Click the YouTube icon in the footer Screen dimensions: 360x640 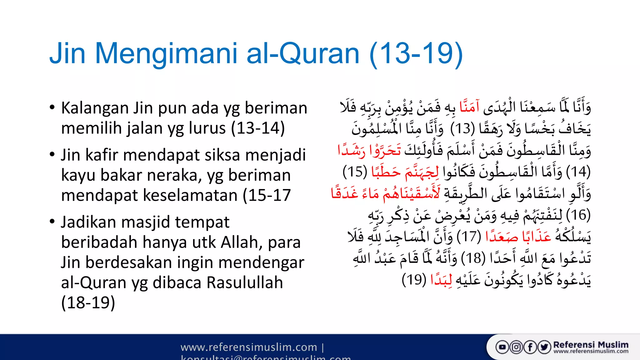tap(502, 347)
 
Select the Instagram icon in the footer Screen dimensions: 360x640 tap(516, 347)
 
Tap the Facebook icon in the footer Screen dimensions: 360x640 tap(530, 347)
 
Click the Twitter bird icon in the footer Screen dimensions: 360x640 tap(544, 347)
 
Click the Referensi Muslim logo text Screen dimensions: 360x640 tap(591, 345)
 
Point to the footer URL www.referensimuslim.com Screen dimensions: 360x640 tap(249, 347)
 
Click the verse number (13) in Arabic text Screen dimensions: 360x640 tap(462, 128)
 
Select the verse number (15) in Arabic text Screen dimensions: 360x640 tap(355, 172)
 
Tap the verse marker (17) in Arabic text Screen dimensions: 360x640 tap(469, 237)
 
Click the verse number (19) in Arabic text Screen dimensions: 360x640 tap(414, 280)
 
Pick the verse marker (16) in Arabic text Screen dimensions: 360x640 tap(578, 215)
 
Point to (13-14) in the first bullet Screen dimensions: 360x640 tap(258, 128)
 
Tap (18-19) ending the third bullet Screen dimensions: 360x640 tap(88, 302)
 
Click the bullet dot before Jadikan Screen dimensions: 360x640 tap(52, 222)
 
